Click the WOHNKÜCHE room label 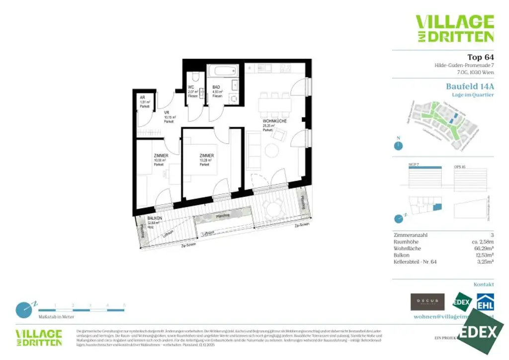pos(275,121)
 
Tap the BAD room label pos(217,88)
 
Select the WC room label pos(191,88)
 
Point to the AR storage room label pos(142,97)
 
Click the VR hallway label pos(167,113)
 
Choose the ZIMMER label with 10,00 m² pos(161,156)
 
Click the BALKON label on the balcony pos(154,219)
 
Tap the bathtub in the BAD pos(223,71)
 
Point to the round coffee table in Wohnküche pos(272,150)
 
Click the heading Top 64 pos(481,57)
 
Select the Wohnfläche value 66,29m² pos(484,248)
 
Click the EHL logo pos(485,302)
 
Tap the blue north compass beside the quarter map pos(398,146)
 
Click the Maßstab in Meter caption pos(57,317)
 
